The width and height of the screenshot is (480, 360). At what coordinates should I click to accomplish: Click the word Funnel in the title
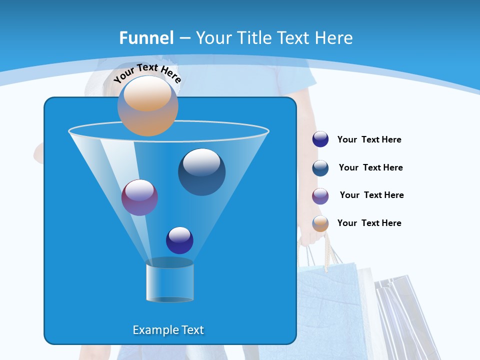pyautogui.click(x=146, y=38)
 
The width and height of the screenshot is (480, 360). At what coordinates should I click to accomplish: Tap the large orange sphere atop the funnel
pyautogui.click(x=147, y=105)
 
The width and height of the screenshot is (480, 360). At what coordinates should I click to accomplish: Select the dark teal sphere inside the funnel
pyautogui.click(x=201, y=171)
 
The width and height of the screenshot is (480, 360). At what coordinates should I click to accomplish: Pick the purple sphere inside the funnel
pyautogui.click(x=139, y=197)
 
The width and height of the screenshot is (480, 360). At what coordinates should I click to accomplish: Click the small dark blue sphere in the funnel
pyautogui.click(x=179, y=240)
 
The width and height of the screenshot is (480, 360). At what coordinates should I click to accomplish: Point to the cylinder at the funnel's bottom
pyautogui.click(x=169, y=282)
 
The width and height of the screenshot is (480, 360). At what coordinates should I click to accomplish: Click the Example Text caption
pyautogui.click(x=168, y=330)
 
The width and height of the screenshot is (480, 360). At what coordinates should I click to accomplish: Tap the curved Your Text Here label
pyautogui.click(x=147, y=73)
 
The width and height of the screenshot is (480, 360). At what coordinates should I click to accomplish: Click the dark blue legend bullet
pyautogui.click(x=320, y=139)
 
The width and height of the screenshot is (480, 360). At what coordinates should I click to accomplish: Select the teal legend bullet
pyautogui.click(x=320, y=168)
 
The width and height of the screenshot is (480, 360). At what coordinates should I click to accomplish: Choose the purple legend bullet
pyautogui.click(x=320, y=196)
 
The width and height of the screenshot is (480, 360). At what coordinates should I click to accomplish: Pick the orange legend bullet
pyautogui.click(x=320, y=223)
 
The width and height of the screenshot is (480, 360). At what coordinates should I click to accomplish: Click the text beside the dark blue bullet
pyautogui.click(x=369, y=140)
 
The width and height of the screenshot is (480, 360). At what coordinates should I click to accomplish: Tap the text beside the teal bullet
pyautogui.click(x=370, y=168)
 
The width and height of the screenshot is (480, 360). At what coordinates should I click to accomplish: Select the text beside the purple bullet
pyautogui.click(x=371, y=195)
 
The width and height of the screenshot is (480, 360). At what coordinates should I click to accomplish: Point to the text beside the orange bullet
pyautogui.click(x=369, y=223)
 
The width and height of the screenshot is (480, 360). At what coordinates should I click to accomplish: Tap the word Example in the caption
pyautogui.click(x=152, y=330)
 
